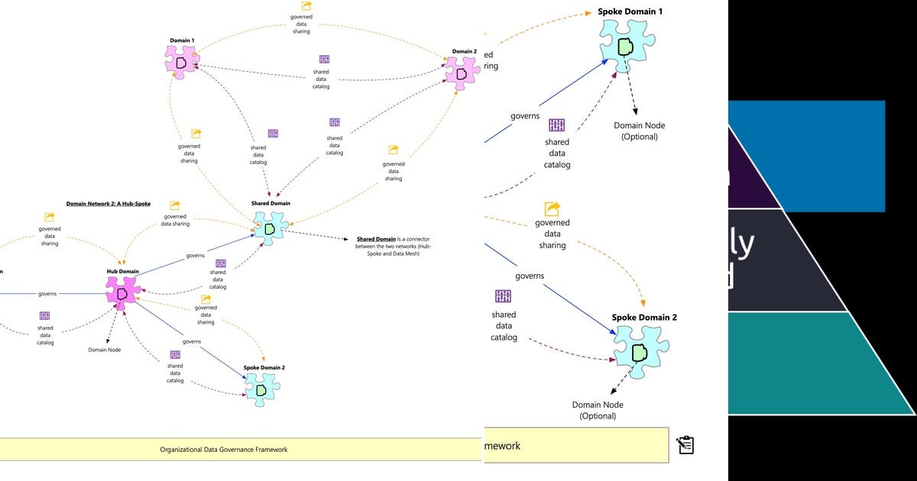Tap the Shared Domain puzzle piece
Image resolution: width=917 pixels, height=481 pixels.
[270, 228]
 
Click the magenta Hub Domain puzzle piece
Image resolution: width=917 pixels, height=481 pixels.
[122, 294]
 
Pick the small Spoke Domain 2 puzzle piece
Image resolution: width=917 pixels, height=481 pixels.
[262, 389]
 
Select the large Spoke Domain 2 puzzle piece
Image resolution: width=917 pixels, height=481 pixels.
[640, 352]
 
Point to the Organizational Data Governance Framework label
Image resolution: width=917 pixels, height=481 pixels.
[223, 450]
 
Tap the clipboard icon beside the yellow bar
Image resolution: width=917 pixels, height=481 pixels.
[685, 444]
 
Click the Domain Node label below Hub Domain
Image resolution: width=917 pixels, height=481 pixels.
[105, 350]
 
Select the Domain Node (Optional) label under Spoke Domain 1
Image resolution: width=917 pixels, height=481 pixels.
[640, 131]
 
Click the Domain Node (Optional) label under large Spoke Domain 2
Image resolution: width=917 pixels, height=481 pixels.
[598, 410]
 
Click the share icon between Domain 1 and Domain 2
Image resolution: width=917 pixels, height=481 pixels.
[306, 6]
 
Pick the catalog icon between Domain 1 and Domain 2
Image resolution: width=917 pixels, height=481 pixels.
[323, 59]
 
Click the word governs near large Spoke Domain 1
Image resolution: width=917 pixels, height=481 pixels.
[525, 116]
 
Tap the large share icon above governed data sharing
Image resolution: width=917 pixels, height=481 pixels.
[552, 208]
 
